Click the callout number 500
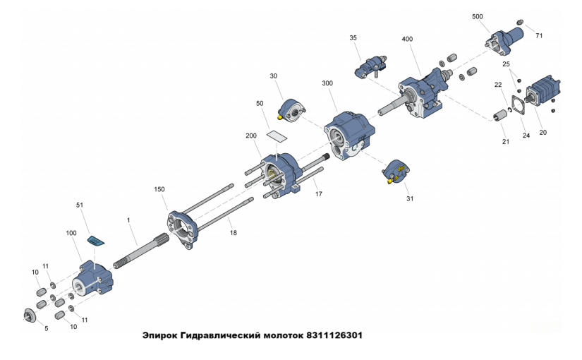478,17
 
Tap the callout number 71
539,36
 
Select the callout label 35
353,38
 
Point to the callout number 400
407,39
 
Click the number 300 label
327,83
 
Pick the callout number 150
159,189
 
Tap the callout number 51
80,205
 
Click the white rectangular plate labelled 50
277,136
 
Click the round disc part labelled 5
30,315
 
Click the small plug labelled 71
521,23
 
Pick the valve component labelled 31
396,172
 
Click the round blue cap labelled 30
293,110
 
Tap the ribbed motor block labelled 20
543,91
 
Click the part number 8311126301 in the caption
334,335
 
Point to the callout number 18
233,233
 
